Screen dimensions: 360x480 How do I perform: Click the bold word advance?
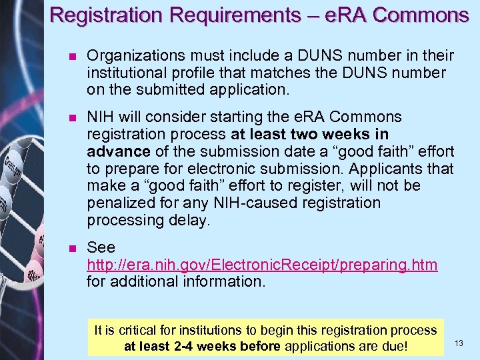[112, 151]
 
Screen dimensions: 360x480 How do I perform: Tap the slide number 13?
[459, 343]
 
